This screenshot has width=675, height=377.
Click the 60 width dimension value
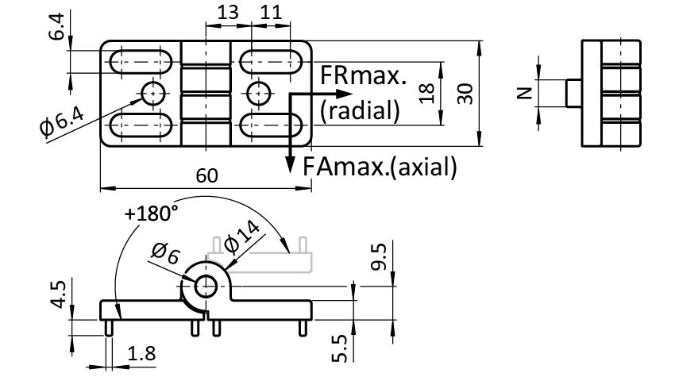206,176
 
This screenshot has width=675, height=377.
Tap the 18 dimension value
426,93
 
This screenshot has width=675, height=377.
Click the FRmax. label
364,77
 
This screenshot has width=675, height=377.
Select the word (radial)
359,110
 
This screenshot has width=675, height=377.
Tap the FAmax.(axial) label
380,167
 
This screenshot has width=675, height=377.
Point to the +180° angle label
151,214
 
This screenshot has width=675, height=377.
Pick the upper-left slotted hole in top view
143,62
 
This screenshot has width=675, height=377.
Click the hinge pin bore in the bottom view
206,287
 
